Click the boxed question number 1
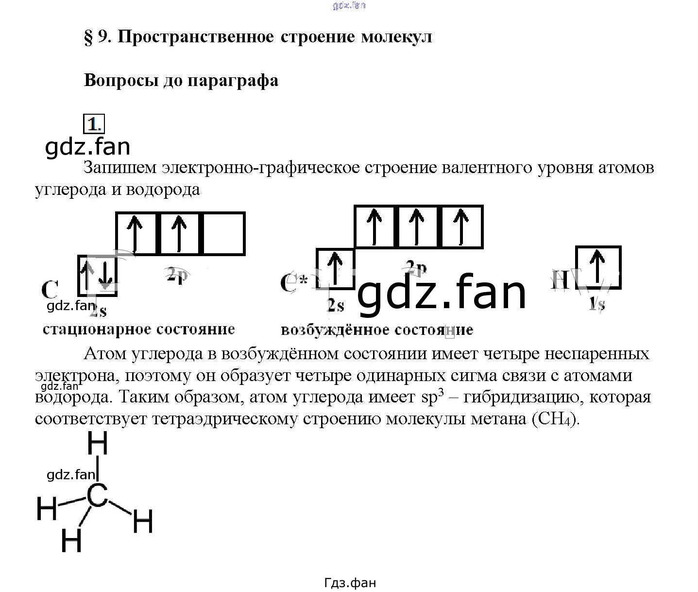click(94, 124)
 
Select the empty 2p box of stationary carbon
click(223, 233)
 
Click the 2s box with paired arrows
click(97, 275)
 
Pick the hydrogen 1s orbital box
click(598, 267)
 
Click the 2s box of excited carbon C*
click(335, 269)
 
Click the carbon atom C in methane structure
click(97, 496)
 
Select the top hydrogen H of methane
click(97, 443)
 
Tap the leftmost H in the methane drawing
click(47, 508)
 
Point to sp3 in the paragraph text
click(433, 397)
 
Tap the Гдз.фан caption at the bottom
click(350, 583)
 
